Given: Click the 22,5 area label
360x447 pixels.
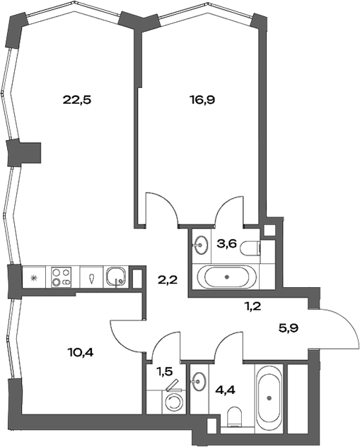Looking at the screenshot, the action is pyautogui.click(x=76, y=100).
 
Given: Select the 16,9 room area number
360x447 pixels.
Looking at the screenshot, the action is pyautogui.click(x=202, y=100).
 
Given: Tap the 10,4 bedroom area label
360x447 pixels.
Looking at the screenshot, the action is pyautogui.click(x=81, y=353).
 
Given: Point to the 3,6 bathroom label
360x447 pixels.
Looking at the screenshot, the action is pyautogui.click(x=226, y=244).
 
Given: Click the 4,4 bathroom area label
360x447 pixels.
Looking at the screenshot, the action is pyautogui.click(x=226, y=390).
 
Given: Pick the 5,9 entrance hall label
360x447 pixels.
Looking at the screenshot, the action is pyautogui.click(x=289, y=328).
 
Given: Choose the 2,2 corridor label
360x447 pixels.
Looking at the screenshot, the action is pyautogui.click(x=168, y=280).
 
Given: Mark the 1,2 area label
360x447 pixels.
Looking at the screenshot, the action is pyautogui.click(x=252, y=307).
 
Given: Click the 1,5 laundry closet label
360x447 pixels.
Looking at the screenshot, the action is pyautogui.click(x=165, y=371).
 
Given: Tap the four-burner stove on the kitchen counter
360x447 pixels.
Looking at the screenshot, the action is pyautogui.click(x=61, y=277).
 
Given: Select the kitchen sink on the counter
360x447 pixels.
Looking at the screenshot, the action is pyautogui.click(x=116, y=277).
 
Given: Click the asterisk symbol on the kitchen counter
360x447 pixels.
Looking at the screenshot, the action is pyautogui.click(x=34, y=277).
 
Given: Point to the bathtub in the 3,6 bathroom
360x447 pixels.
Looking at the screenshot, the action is pyautogui.click(x=226, y=277).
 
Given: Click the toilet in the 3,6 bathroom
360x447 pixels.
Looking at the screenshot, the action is pyautogui.click(x=250, y=248).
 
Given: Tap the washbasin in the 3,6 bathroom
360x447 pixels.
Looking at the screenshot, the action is pyautogui.click(x=201, y=245).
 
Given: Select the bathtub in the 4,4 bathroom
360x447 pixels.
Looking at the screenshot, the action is pyautogui.click(x=269, y=398).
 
